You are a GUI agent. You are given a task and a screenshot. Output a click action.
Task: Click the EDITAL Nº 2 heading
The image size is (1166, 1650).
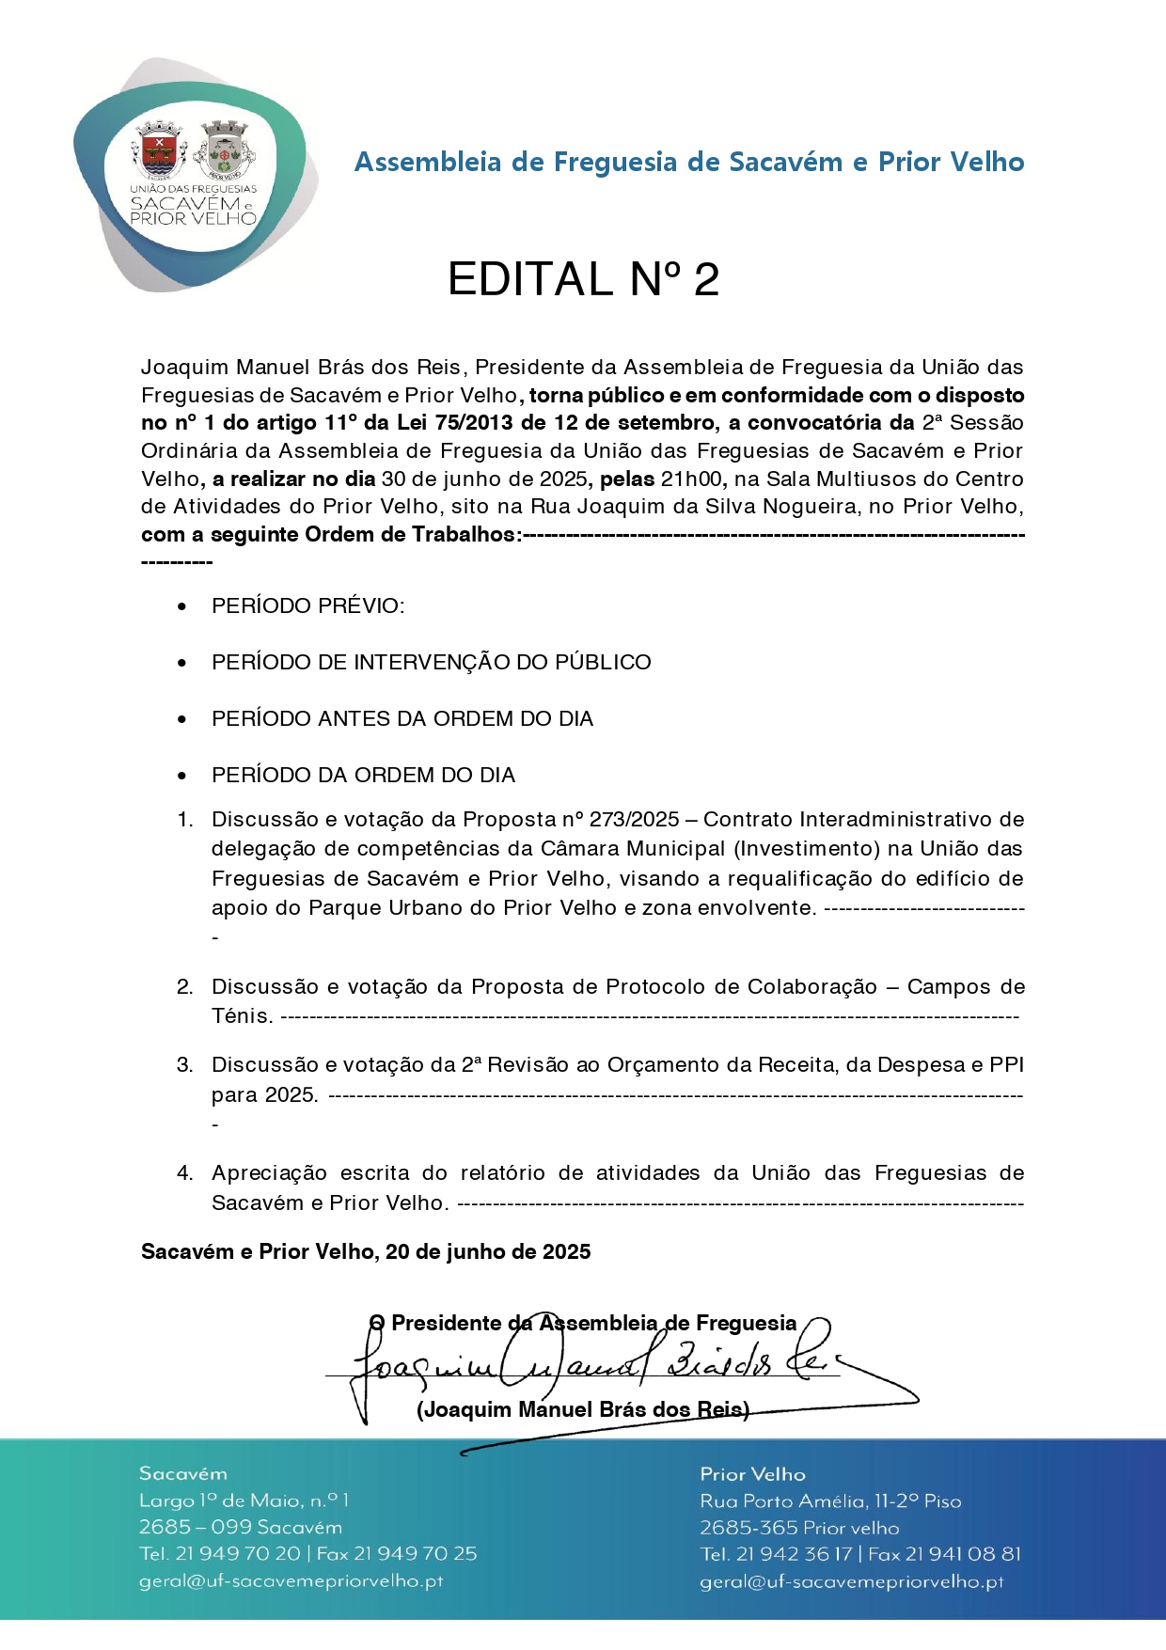click(x=583, y=279)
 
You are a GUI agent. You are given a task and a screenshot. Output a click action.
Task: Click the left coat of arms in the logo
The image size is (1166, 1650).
click(x=159, y=150)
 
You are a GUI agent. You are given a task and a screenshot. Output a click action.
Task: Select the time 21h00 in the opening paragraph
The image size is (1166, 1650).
click(x=692, y=479)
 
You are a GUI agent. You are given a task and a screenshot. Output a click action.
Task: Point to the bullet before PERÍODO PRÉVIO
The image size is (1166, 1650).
click(x=182, y=607)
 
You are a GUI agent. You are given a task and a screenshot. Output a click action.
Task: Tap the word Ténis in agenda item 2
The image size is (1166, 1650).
click(x=242, y=1016)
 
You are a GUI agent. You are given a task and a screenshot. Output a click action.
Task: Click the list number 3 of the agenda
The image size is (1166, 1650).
click(x=185, y=1065)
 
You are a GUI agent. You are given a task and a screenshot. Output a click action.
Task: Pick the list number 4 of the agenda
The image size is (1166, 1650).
click(x=185, y=1173)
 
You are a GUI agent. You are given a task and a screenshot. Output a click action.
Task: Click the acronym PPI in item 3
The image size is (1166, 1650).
click(x=1006, y=1065)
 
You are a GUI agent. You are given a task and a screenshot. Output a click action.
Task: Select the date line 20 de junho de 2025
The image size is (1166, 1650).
click(x=488, y=1251)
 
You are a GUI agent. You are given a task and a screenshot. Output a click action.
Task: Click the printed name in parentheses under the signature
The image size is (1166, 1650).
click(x=583, y=1409)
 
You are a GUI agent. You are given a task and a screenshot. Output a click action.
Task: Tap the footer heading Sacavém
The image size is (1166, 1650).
click(x=183, y=1473)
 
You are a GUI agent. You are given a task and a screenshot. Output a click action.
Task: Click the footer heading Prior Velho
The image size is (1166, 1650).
click(x=752, y=1474)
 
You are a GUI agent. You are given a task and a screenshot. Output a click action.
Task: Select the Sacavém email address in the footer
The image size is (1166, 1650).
click(x=291, y=1581)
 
